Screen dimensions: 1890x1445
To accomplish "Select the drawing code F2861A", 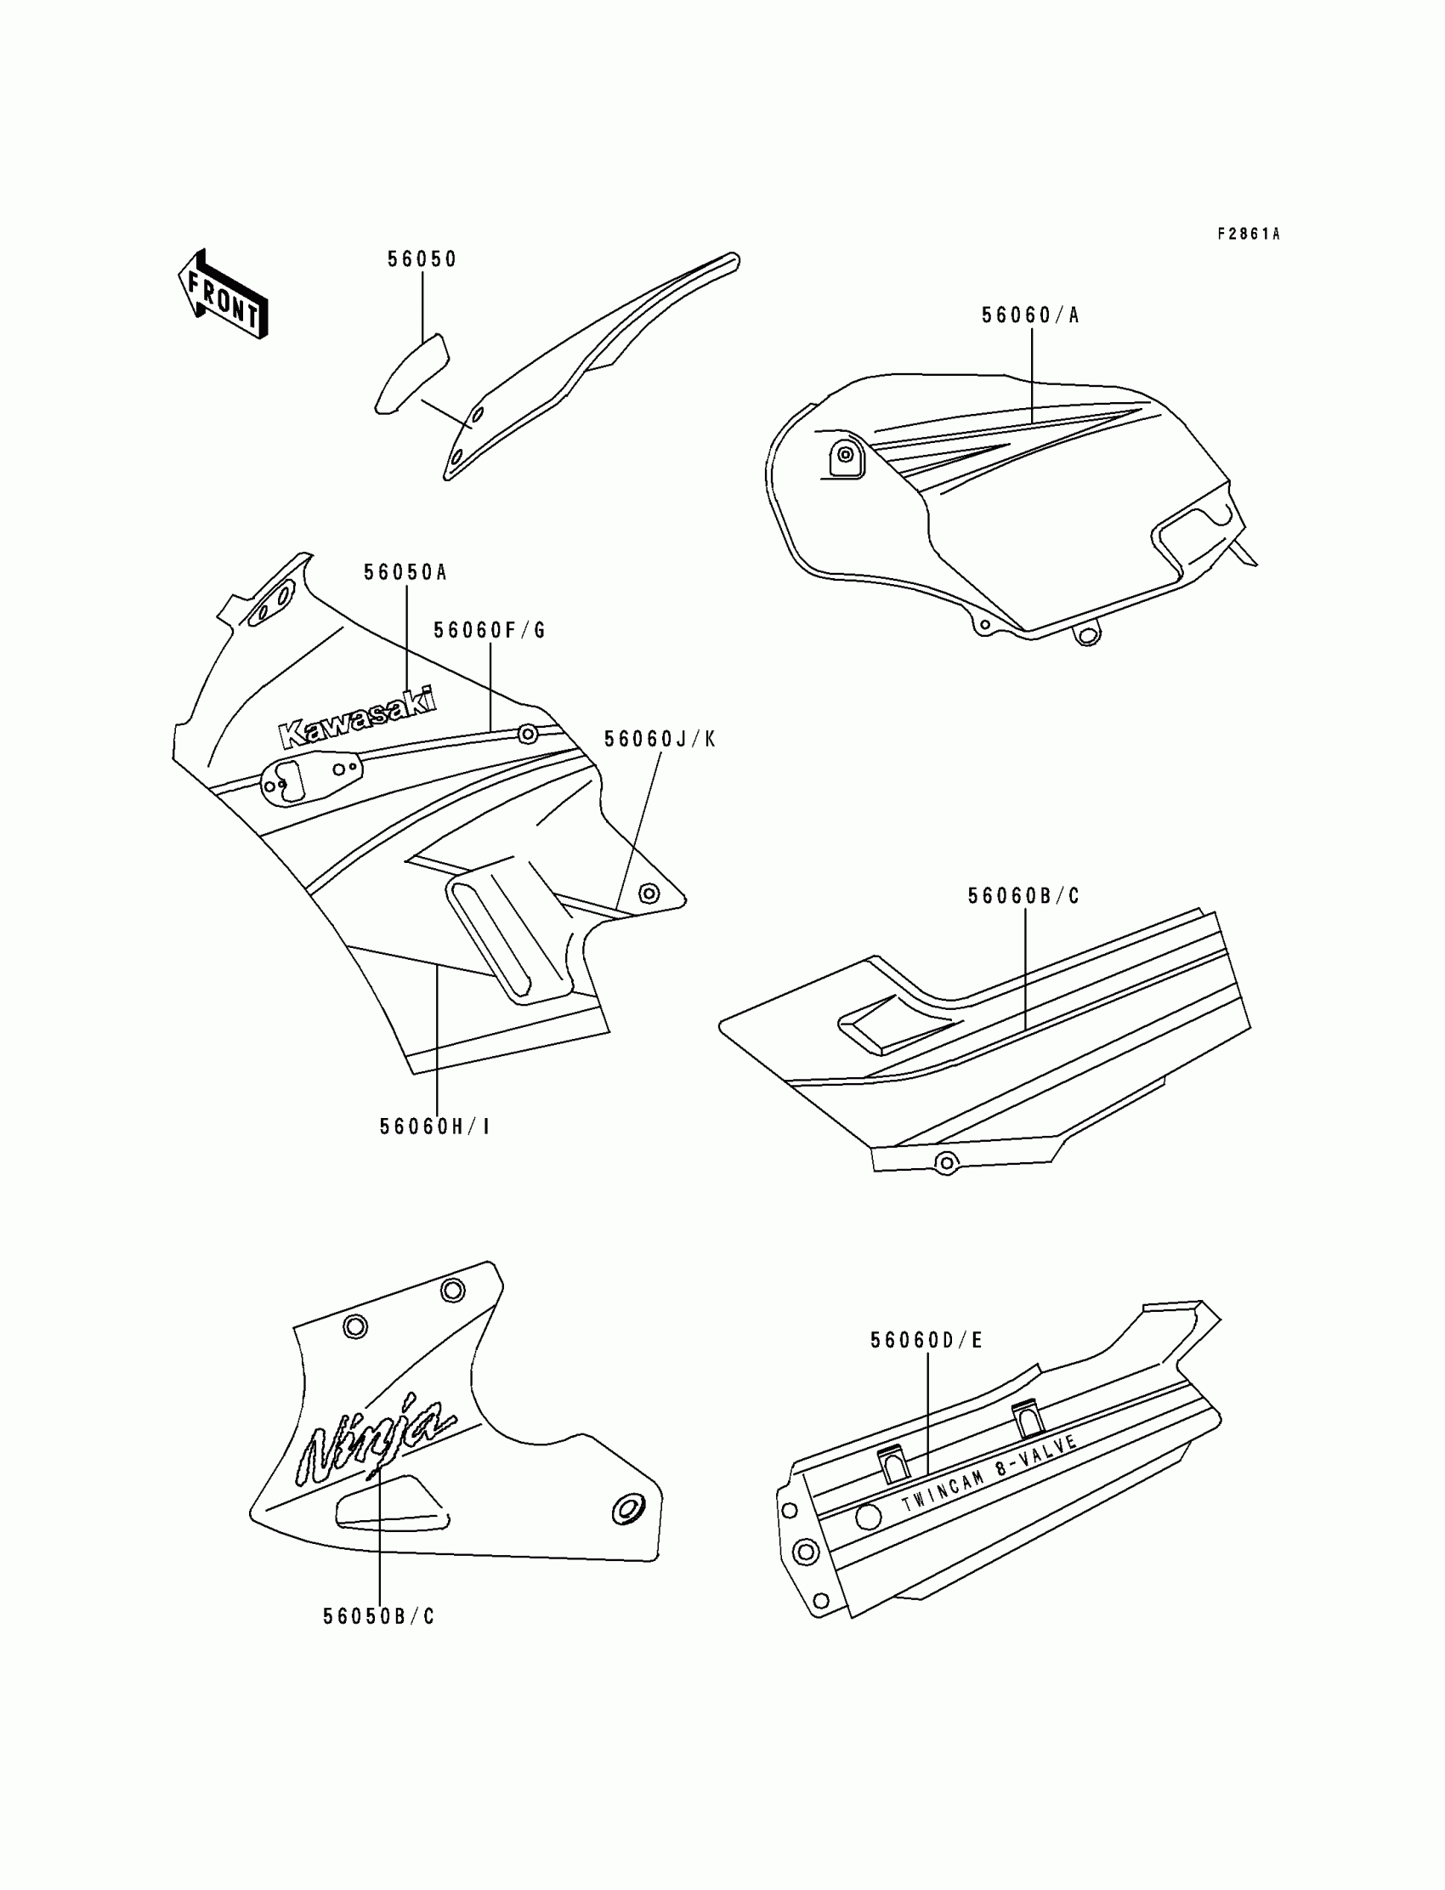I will coord(1248,234).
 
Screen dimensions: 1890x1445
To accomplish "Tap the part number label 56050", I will coord(422,260).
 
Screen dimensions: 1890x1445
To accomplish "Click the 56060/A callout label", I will coord(1030,315).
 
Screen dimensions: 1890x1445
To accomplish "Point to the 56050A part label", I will coord(405,573).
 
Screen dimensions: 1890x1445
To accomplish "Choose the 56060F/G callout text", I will coord(490,631).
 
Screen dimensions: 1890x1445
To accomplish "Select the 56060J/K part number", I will coord(660,739).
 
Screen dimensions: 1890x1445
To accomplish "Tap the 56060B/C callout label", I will coord(1023,896).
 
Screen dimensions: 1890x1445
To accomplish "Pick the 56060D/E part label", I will coord(926,1340).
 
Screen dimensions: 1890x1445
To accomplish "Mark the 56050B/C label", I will coord(378,1617).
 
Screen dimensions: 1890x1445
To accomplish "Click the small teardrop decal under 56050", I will coord(412,372).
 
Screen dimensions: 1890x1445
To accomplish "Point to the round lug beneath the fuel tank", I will coord(1088,636).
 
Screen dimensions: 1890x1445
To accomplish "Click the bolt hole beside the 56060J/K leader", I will coord(649,894).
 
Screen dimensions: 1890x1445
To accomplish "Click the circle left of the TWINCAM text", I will coord(868,1518).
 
